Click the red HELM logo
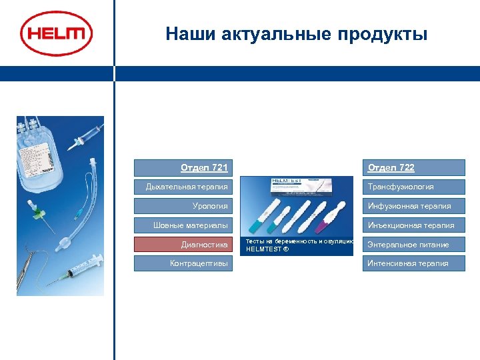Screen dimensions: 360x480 tap(56, 33)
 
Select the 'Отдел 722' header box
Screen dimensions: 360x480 tap(413, 167)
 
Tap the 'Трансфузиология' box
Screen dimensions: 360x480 tap(413, 187)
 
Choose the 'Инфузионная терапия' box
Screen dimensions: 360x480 tap(413, 206)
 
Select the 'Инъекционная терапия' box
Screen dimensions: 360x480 tap(413, 225)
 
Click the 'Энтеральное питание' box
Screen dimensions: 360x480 tap(413, 245)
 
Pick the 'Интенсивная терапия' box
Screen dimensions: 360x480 tap(413, 263)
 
